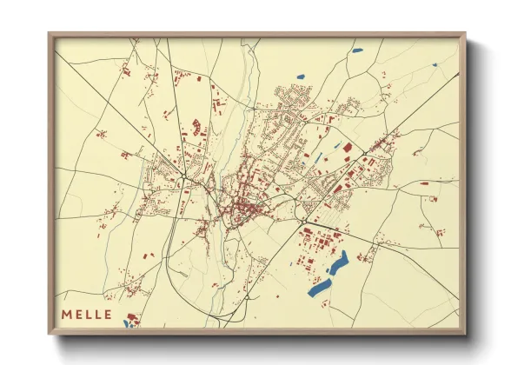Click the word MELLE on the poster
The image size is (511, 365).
(86, 314)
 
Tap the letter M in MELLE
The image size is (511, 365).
(67, 314)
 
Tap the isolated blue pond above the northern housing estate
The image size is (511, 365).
(301, 76)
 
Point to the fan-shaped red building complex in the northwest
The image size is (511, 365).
(196, 128)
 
